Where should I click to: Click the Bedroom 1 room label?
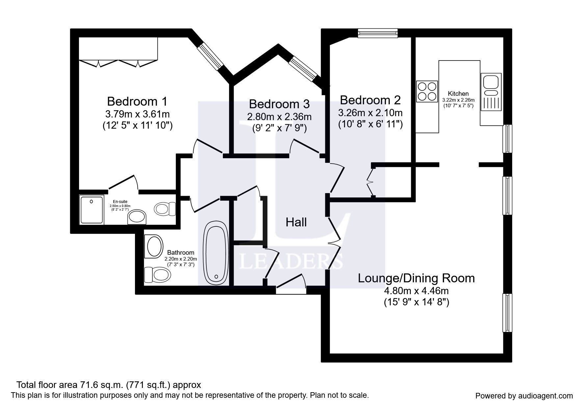tap(137, 101)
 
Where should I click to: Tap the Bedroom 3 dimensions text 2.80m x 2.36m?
tap(279, 116)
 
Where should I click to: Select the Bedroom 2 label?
tap(370, 100)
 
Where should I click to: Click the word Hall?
tap(296, 222)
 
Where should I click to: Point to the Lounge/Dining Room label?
tap(416, 278)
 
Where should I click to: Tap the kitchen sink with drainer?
tap(491, 92)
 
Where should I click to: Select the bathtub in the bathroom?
tap(216, 253)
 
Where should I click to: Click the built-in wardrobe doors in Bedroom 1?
tap(119, 63)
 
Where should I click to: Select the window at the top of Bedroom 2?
tap(378, 33)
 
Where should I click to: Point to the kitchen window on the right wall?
tap(507, 139)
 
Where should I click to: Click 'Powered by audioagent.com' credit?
tap(524, 396)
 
